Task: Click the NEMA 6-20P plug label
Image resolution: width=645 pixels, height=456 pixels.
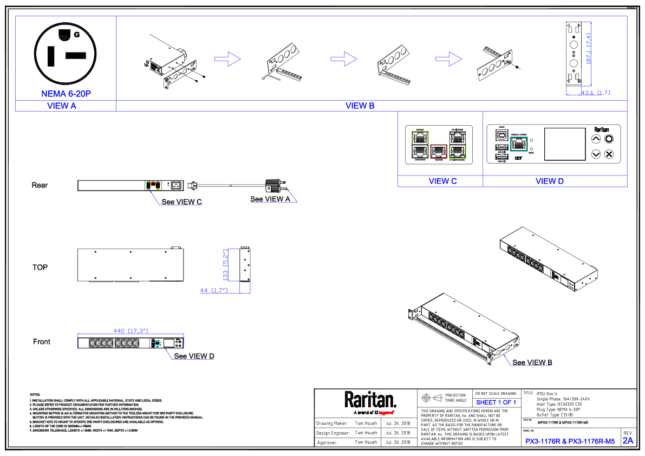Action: (x=66, y=94)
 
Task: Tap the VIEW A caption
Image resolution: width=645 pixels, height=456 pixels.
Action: (x=62, y=106)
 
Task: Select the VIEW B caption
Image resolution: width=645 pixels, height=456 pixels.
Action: (x=360, y=106)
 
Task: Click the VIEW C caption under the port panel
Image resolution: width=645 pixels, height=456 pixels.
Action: (x=442, y=181)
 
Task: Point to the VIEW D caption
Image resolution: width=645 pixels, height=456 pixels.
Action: (x=549, y=181)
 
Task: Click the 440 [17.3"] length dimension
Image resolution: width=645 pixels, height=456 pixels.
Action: (x=130, y=330)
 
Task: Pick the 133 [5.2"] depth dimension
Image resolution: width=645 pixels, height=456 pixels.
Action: (x=226, y=264)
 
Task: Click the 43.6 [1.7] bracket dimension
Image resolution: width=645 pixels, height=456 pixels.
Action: (x=595, y=93)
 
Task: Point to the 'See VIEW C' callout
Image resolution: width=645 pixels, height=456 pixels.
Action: (x=181, y=202)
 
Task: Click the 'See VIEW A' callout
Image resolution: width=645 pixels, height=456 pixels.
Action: (x=270, y=199)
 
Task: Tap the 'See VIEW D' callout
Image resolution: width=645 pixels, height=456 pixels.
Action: (x=194, y=356)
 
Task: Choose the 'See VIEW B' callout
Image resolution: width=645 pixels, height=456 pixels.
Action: (x=532, y=362)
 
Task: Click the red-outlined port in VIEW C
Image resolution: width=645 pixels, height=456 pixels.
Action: (x=439, y=152)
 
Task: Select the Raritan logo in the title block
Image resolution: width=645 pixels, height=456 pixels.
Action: (x=370, y=400)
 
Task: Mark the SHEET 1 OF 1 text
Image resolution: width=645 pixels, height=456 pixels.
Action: (x=496, y=402)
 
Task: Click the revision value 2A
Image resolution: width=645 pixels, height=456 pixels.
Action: (x=628, y=441)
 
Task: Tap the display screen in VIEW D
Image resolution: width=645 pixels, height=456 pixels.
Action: (x=564, y=144)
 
